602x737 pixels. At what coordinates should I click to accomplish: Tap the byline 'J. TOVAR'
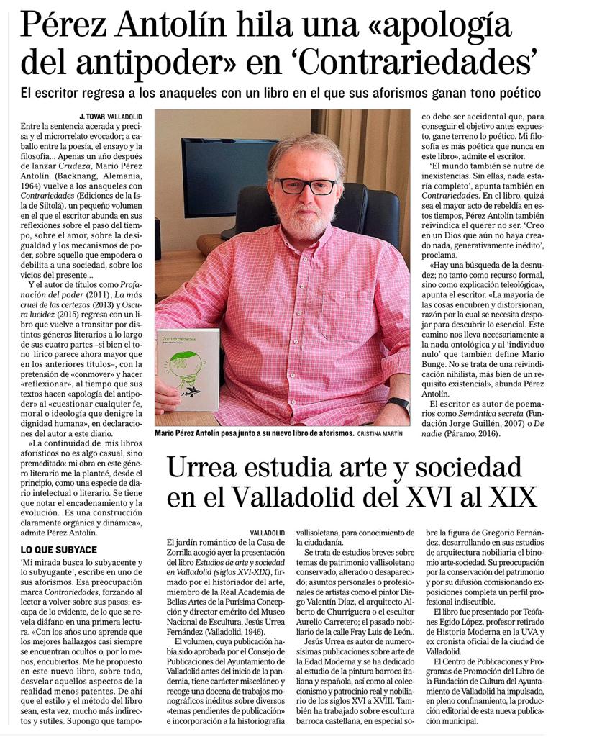(92, 116)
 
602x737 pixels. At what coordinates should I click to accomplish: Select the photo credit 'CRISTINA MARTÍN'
(382, 435)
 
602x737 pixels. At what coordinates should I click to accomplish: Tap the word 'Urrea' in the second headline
(206, 469)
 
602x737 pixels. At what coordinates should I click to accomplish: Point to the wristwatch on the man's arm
(398, 404)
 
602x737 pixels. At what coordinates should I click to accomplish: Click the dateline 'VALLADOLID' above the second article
(268, 532)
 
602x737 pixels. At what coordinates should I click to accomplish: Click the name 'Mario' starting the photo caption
(168, 435)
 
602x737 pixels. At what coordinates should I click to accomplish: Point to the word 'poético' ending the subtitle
(515, 93)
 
